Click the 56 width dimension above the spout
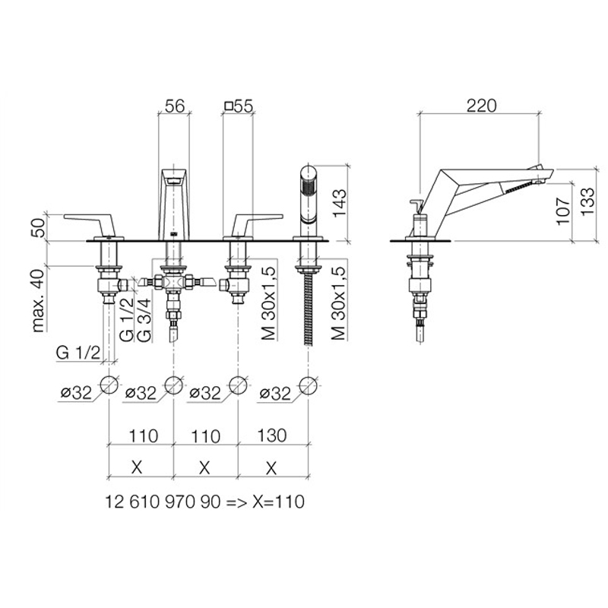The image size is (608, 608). [x=175, y=106]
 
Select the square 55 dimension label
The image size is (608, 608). [x=239, y=106]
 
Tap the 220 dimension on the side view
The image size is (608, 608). [x=481, y=106]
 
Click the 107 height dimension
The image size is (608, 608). [x=562, y=211]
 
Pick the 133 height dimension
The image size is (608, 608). [x=587, y=201]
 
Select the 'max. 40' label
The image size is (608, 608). [x=39, y=300]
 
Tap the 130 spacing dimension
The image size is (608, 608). [x=272, y=435]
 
